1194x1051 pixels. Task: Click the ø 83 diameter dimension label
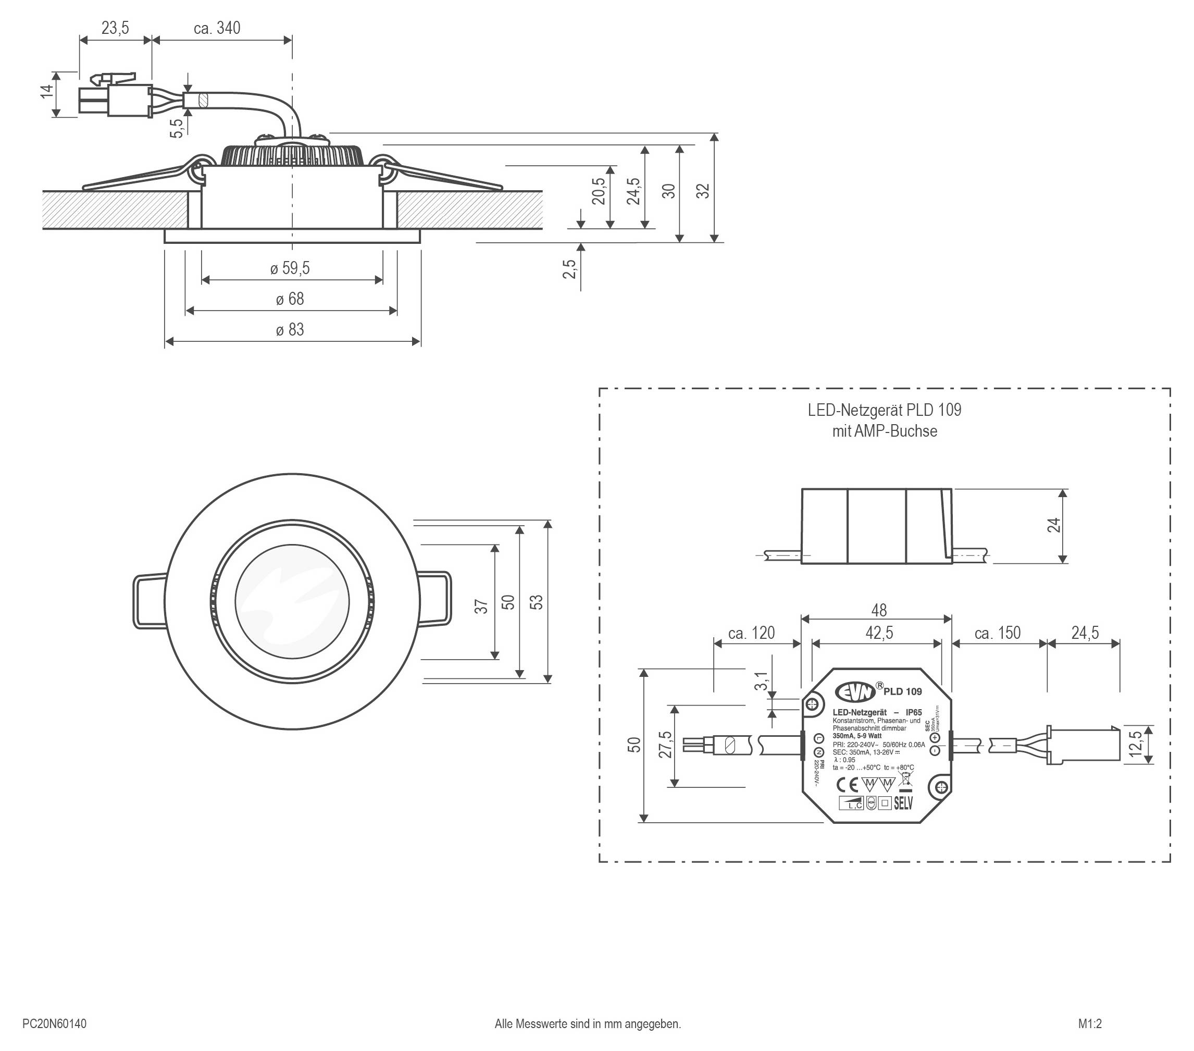point(290,330)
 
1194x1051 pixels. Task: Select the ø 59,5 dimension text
point(290,269)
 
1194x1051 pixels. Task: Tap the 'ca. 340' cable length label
point(217,28)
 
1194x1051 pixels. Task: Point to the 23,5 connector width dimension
point(115,28)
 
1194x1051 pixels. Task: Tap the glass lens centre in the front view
point(292,601)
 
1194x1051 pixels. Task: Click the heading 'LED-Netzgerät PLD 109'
point(885,410)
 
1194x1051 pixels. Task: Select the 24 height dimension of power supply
point(1054,525)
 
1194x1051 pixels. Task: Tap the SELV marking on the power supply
point(903,803)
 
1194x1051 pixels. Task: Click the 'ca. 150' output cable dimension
point(997,633)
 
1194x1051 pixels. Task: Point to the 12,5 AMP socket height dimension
point(1136,744)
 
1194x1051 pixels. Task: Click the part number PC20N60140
point(54,1024)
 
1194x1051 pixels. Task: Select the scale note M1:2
point(1090,1024)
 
